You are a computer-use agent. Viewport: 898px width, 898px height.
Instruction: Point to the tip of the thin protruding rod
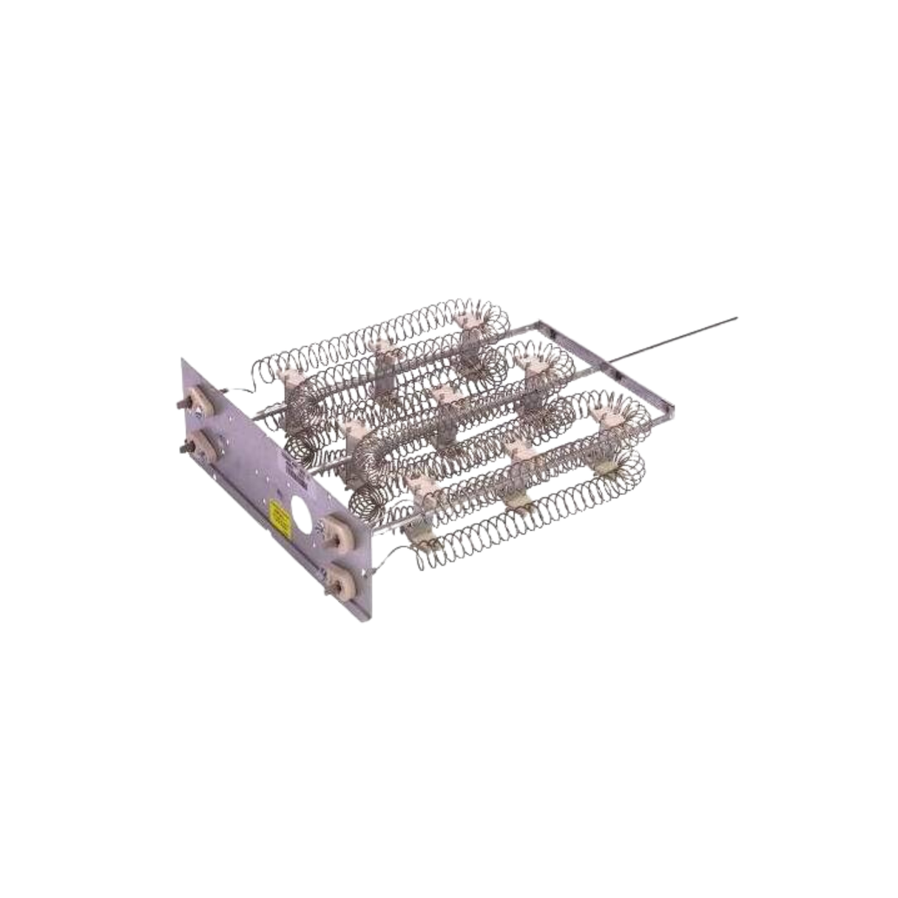(737, 320)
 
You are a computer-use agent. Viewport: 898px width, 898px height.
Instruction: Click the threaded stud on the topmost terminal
(182, 405)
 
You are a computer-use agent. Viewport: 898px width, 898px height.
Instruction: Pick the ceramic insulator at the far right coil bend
(607, 421)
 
